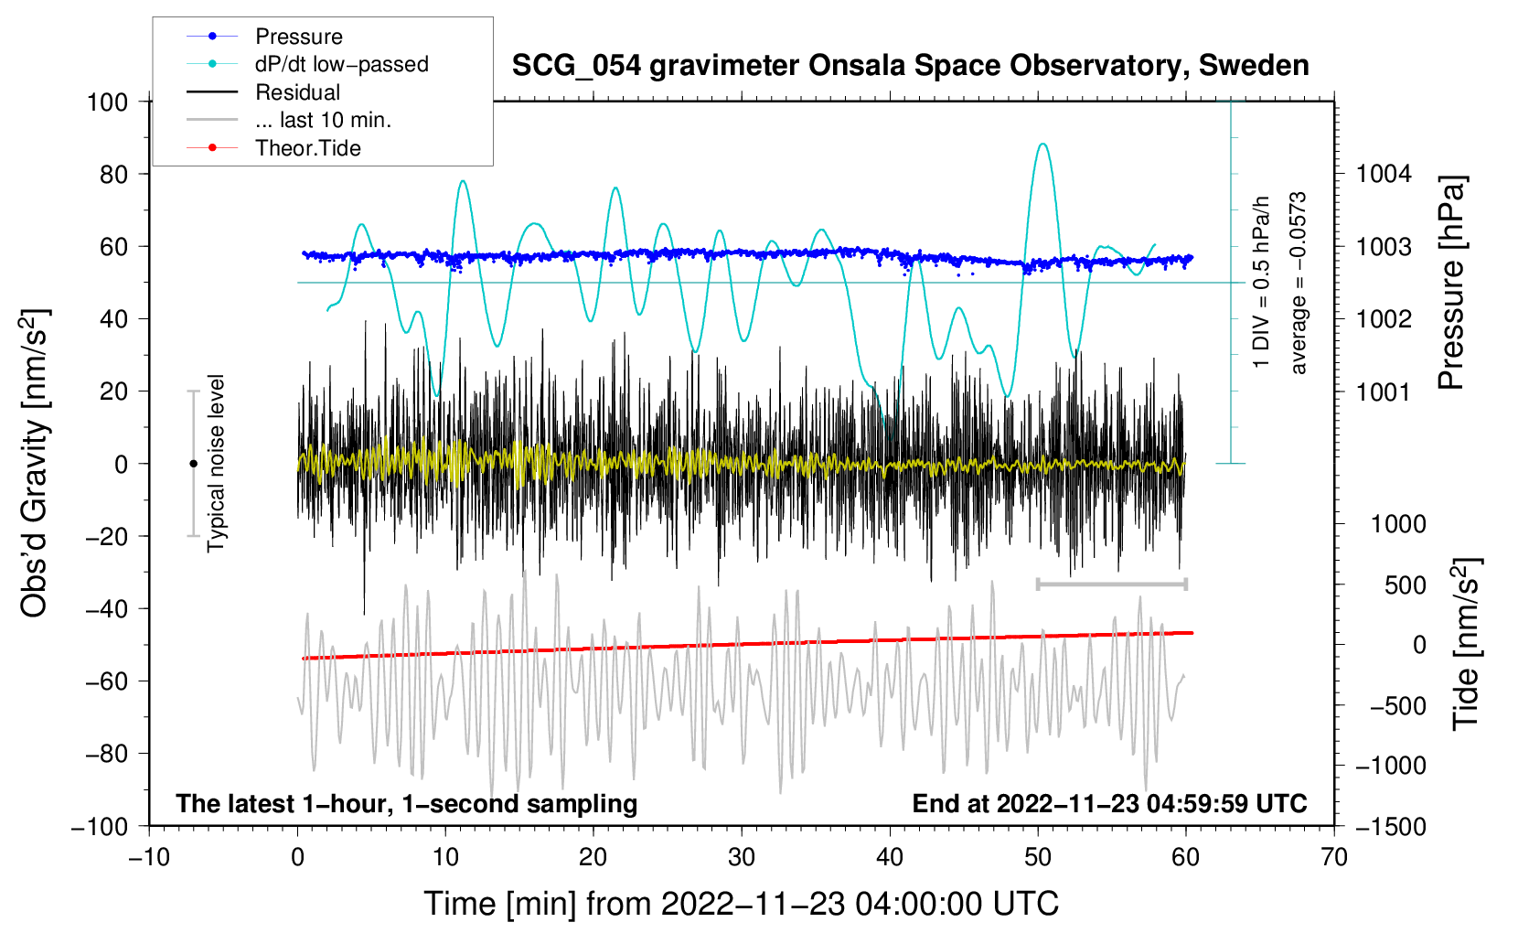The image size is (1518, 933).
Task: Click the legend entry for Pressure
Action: pos(298,37)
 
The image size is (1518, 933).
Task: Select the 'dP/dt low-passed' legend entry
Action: pos(341,64)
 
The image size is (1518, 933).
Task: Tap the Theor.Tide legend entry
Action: pos(307,148)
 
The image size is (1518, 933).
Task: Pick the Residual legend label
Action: pos(297,92)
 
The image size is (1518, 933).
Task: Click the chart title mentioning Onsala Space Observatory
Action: pos(910,66)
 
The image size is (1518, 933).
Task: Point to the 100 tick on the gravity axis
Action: pos(107,102)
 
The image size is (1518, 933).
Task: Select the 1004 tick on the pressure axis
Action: pos(1384,174)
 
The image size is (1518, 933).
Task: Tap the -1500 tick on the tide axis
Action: pos(1389,826)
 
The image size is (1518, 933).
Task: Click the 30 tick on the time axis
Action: pos(742,857)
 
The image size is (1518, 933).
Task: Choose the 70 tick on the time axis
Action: pos(1334,857)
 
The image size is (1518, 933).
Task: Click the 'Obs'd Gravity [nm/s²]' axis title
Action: pos(35,464)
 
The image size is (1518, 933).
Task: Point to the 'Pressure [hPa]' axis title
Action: pos(1451,284)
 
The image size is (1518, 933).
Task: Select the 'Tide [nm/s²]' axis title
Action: pos(1466,644)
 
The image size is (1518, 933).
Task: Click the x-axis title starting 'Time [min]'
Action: pos(741,904)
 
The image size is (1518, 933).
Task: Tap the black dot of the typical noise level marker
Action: pos(193,464)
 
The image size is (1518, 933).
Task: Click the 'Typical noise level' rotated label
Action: pos(216,463)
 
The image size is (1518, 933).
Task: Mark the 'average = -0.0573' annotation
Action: pos(1299,284)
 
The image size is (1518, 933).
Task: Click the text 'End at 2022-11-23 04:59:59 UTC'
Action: pos(1109,803)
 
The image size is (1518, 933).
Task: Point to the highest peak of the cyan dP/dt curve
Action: pos(1042,144)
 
